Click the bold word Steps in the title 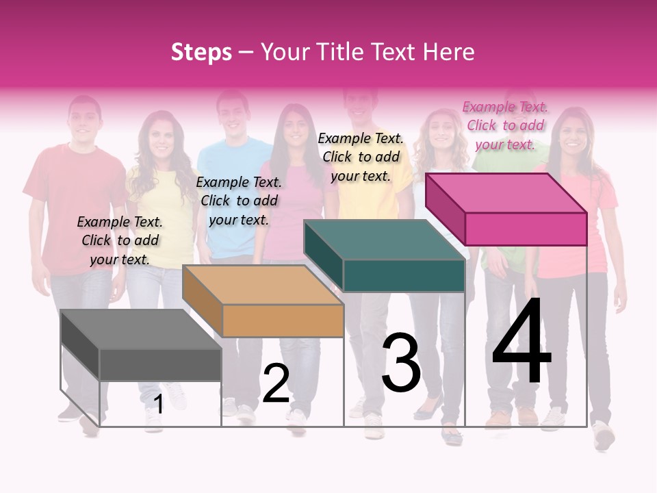pyautogui.click(x=201, y=52)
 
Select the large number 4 pyautogui.click(x=521, y=342)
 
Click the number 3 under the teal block pyautogui.click(x=401, y=363)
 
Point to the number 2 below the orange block pyautogui.click(x=276, y=383)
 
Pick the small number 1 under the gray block pyautogui.click(x=158, y=405)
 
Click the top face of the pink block pyautogui.click(x=506, y=192)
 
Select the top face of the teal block pyautogui.click(x=385, y=240)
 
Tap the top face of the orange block pyautogui.click(x=263, y=285)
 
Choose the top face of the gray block pyautogui.click(x=141, y=329)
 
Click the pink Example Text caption pyautogui.click(x=505, y=125)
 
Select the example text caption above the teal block pyautogui.click(x=361, y=157)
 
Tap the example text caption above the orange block pyautogui.click(x=239, y=201)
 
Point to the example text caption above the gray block pyautogui.click(x=120, y=240)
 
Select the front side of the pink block pyautogui.click(x=526, y=229)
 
